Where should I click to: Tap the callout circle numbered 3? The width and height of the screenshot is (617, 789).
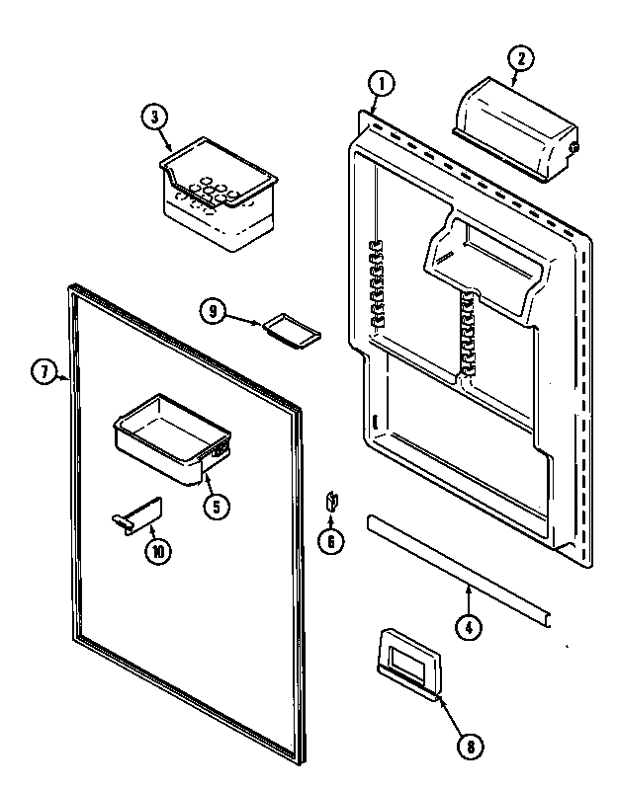point(151,118)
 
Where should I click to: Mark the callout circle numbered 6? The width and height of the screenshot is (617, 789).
point(332,540)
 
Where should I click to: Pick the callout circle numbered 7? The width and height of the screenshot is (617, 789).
point(43,372)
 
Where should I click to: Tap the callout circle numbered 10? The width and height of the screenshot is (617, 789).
point(155,552)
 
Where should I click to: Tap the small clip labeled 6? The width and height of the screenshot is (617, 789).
point(332,502)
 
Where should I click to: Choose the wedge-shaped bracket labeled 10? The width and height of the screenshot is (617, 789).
point(135,518)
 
